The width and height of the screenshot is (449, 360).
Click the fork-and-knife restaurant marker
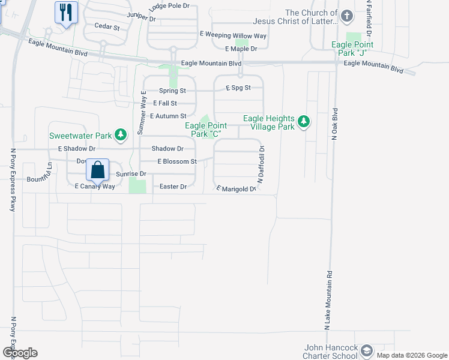point(66,12)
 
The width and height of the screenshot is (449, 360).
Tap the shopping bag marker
point(97,170)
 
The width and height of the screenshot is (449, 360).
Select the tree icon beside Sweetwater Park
point(121,134)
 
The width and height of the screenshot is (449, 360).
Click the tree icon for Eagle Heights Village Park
point(304,122)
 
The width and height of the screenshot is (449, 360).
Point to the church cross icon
point(347,16)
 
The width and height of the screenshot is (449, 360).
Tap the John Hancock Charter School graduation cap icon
point(366,350)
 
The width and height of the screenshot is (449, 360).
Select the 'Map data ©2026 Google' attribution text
point(412,355)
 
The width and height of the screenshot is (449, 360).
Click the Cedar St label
point(107,27)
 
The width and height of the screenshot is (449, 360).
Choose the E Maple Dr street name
point(241,49)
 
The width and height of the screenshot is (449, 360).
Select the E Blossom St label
point(177,161)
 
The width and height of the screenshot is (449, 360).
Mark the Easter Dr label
point(173,187)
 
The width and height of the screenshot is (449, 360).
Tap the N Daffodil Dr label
point(261,163)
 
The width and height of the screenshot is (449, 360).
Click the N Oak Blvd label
point(335,125)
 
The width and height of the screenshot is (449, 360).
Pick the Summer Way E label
point(142,112)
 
